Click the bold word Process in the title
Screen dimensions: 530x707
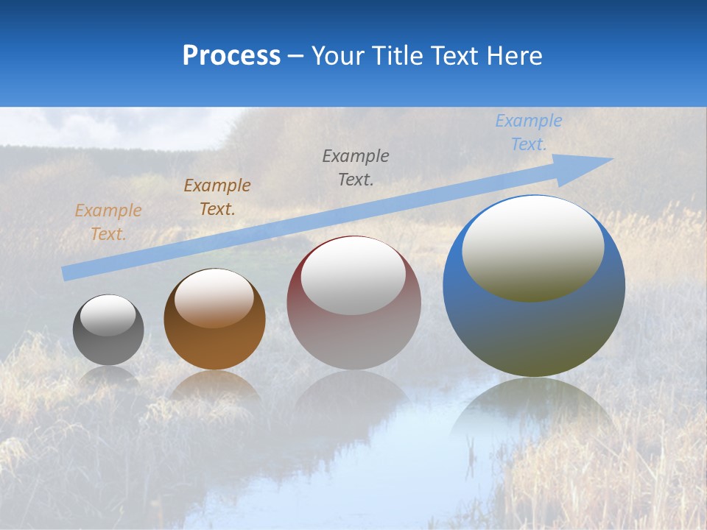(x=231, y=55)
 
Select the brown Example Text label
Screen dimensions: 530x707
(x=217, y=197)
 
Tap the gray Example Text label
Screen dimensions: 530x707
(x=356, y=167)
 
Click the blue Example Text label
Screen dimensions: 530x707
(x=528, y=132)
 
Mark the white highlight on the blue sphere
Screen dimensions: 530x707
(x=533, y=247)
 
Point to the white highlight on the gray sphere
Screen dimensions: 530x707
(x=108, y=315)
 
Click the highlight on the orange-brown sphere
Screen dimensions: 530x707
(x=214, y=297)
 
